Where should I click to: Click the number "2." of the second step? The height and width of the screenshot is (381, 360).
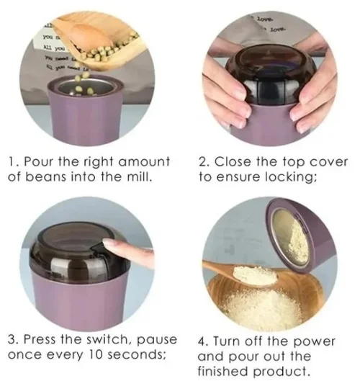coord(203,161)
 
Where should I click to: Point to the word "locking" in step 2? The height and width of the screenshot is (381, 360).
coord(290,178)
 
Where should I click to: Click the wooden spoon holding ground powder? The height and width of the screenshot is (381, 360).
coord(238,274)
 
